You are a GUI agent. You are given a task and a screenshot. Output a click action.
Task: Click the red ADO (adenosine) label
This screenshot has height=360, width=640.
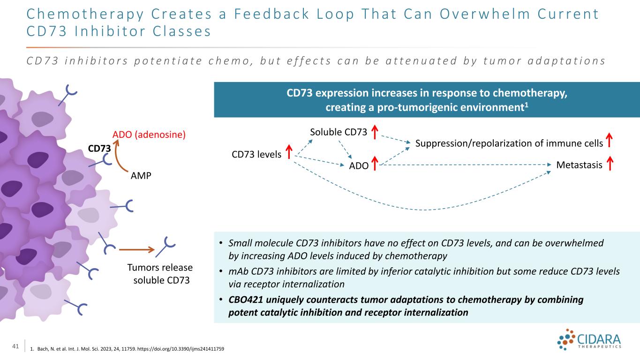(149, 135)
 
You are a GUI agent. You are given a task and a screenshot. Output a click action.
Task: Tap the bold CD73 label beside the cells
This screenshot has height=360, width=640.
(99, 148)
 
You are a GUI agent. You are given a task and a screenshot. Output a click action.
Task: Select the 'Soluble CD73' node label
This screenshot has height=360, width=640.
(338, 133)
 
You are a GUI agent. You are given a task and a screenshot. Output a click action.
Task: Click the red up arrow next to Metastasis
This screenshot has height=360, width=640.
(610, 164)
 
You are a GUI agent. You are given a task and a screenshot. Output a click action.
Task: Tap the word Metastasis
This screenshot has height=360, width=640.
(579, 165)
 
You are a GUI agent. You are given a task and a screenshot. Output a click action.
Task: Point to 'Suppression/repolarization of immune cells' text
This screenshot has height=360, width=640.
(509, 143)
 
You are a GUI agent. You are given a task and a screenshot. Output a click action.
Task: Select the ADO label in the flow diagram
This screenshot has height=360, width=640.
(358, 165)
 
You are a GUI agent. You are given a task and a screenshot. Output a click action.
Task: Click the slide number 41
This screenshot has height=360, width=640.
(15, 347)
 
